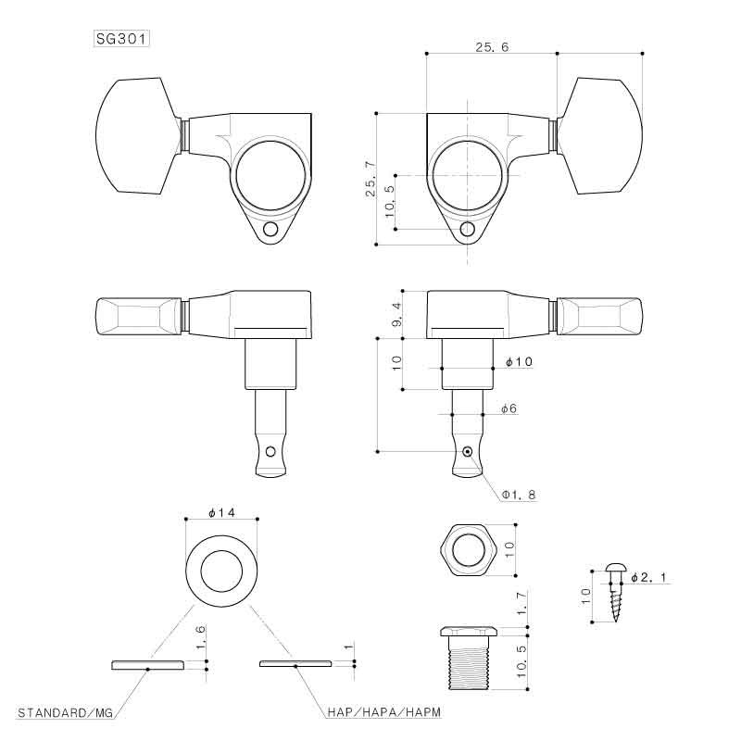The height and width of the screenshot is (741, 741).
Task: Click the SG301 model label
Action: (x=122, y=39)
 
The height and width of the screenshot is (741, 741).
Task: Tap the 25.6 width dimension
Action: (x=492, y=47)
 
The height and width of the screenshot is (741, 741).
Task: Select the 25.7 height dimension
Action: (x=371, y=179)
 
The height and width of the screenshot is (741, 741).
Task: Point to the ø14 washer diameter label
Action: (x=221, y=512)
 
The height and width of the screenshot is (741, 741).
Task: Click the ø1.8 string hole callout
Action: (x=519, y=495)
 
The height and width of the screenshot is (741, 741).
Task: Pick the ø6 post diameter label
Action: (x=509, y=408)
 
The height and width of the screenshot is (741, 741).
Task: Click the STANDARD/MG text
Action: (x=65, y=711)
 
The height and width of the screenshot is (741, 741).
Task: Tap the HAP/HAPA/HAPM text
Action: (x=383, y=711)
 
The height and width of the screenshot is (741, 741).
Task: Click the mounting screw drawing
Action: (x=615, y=591)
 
